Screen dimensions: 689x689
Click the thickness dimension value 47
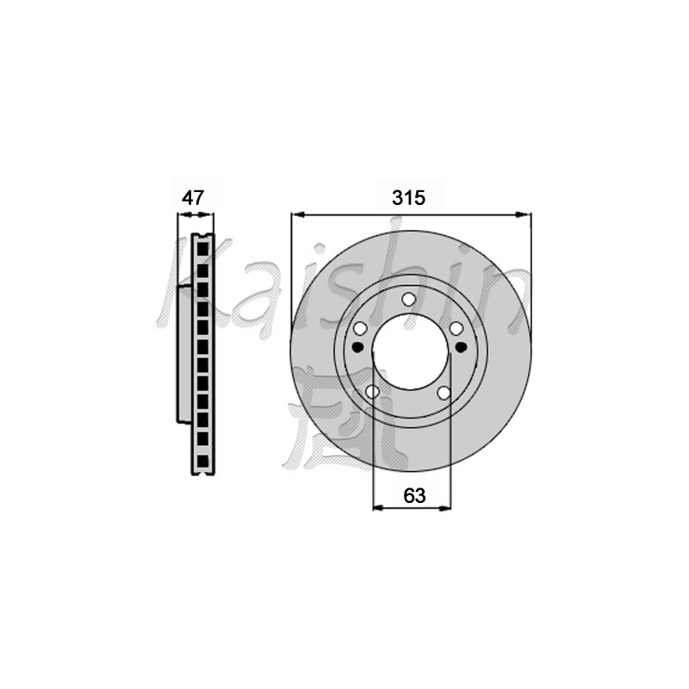(193, 197)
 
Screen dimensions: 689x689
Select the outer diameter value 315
(408, 197)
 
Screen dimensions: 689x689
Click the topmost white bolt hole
(408, 298)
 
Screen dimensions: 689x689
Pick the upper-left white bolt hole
(361, 328)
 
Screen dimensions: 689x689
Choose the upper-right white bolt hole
(456, 328)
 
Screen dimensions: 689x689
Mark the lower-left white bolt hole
(372, 393)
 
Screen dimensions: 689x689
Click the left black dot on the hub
(358, 347)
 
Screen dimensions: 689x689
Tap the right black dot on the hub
(460, 347)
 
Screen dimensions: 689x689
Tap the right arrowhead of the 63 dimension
(446, 509)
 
